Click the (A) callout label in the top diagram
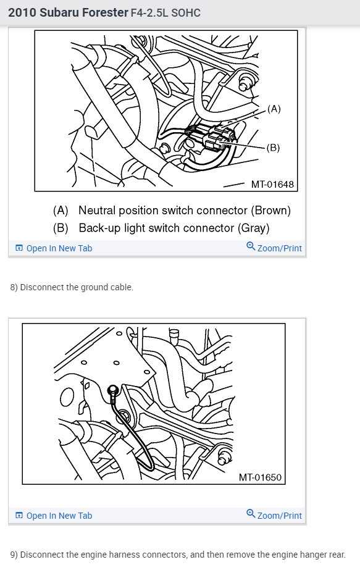point(274,109)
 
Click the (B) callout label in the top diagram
point(273,148)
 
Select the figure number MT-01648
point(272,184)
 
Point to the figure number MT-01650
point(260,477)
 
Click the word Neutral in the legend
point(97,211)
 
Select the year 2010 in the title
point(22,12)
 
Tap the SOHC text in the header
point(186,13)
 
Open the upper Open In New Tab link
point(54,248)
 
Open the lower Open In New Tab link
point(54,516)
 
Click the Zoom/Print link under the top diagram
point(274,248)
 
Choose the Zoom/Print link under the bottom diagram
point(274,515)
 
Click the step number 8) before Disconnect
point(14,287)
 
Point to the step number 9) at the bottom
point(14,555)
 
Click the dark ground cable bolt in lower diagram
point(114,390)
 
